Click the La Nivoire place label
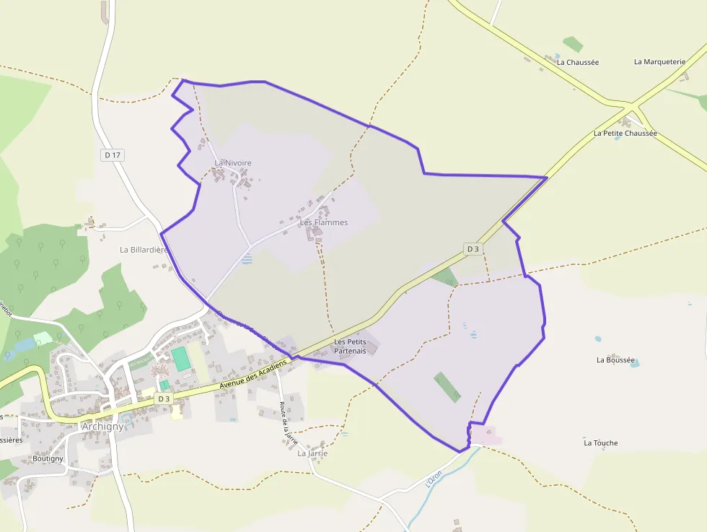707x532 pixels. tap(233, 163)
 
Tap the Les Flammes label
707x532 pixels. tap(324, 222)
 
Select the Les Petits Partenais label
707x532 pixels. tap(350, 346)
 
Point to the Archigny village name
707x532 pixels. tap(103, 426)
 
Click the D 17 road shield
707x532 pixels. tap(112, 154)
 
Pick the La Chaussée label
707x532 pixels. tap(578, 62)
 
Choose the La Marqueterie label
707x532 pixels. tap(659, 61)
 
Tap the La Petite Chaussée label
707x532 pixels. tap(625, 133)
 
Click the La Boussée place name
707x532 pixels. tap(615, 359)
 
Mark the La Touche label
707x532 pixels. tap(601, 442)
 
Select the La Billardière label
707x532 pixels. tap(144, 250)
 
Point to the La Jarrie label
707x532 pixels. tap(312, 453)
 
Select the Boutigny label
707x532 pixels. tap(48, 458)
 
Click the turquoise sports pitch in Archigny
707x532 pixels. tap(180, 359)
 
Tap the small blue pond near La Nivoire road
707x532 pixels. tap(247, 258)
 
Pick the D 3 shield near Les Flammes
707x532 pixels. tap(473, 249)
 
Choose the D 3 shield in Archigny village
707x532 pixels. tap(164, 398)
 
